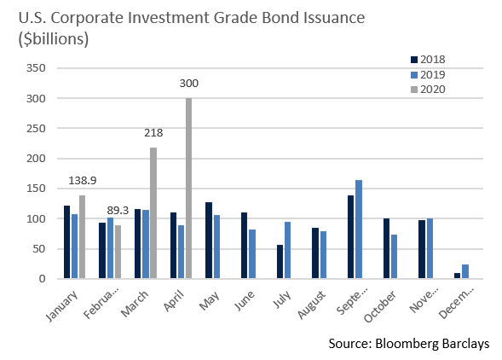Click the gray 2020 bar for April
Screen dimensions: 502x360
188,189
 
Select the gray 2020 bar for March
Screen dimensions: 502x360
153,213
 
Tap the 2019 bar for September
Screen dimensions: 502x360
359,229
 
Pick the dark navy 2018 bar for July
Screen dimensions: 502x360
280,262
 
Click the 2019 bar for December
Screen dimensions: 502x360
465,271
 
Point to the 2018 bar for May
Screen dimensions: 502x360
209,240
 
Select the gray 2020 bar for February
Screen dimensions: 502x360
118,252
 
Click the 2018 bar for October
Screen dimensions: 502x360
386,248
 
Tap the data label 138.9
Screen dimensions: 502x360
83,181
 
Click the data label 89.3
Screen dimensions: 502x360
118,211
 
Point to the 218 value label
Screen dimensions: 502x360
153,133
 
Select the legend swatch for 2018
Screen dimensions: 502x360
414,60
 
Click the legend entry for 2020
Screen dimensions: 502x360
428,90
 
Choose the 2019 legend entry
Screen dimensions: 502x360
428,75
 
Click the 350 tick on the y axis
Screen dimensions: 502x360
36,68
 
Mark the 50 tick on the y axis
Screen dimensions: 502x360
39,249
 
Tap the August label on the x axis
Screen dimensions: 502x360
311,305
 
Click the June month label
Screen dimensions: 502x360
245,300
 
